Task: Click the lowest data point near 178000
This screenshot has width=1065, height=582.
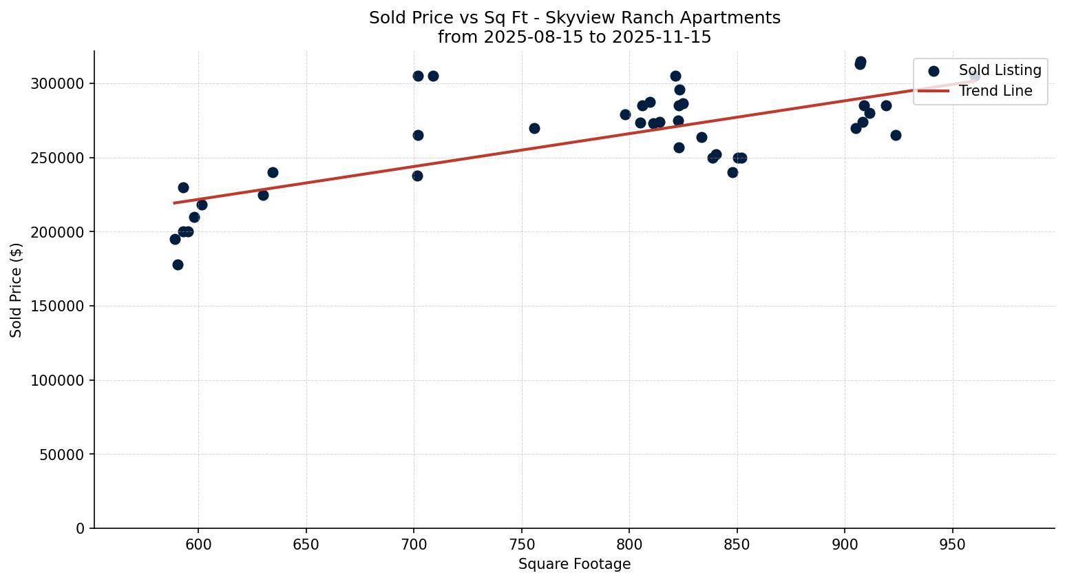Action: click(178, 264)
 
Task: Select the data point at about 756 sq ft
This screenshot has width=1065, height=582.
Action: click(534, 128)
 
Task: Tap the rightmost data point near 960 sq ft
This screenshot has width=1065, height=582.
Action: click(974, 76)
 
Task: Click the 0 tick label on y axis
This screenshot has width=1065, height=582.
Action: click(80, 529)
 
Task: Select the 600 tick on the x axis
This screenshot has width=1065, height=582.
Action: click(198, 544)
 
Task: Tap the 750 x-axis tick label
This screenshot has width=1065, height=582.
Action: click(521, 544)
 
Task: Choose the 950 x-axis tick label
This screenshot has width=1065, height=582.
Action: click(952, 544)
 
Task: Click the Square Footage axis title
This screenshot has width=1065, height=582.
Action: click(574, 565)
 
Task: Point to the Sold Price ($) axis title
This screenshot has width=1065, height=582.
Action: click(16, 290)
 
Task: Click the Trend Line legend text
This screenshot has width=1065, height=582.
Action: click(995, 91)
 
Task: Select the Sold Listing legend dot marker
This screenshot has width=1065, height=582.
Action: click(934, 71)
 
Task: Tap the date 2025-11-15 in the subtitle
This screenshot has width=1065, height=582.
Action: click(667, 37)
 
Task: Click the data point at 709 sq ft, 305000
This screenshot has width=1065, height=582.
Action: click(433, 76)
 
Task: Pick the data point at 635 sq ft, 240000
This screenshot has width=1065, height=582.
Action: click(273, 172)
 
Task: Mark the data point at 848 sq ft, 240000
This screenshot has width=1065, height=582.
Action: click(732, 172)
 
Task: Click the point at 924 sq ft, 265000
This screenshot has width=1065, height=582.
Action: click(896, 135)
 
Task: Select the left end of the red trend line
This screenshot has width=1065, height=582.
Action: click(174, 203)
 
